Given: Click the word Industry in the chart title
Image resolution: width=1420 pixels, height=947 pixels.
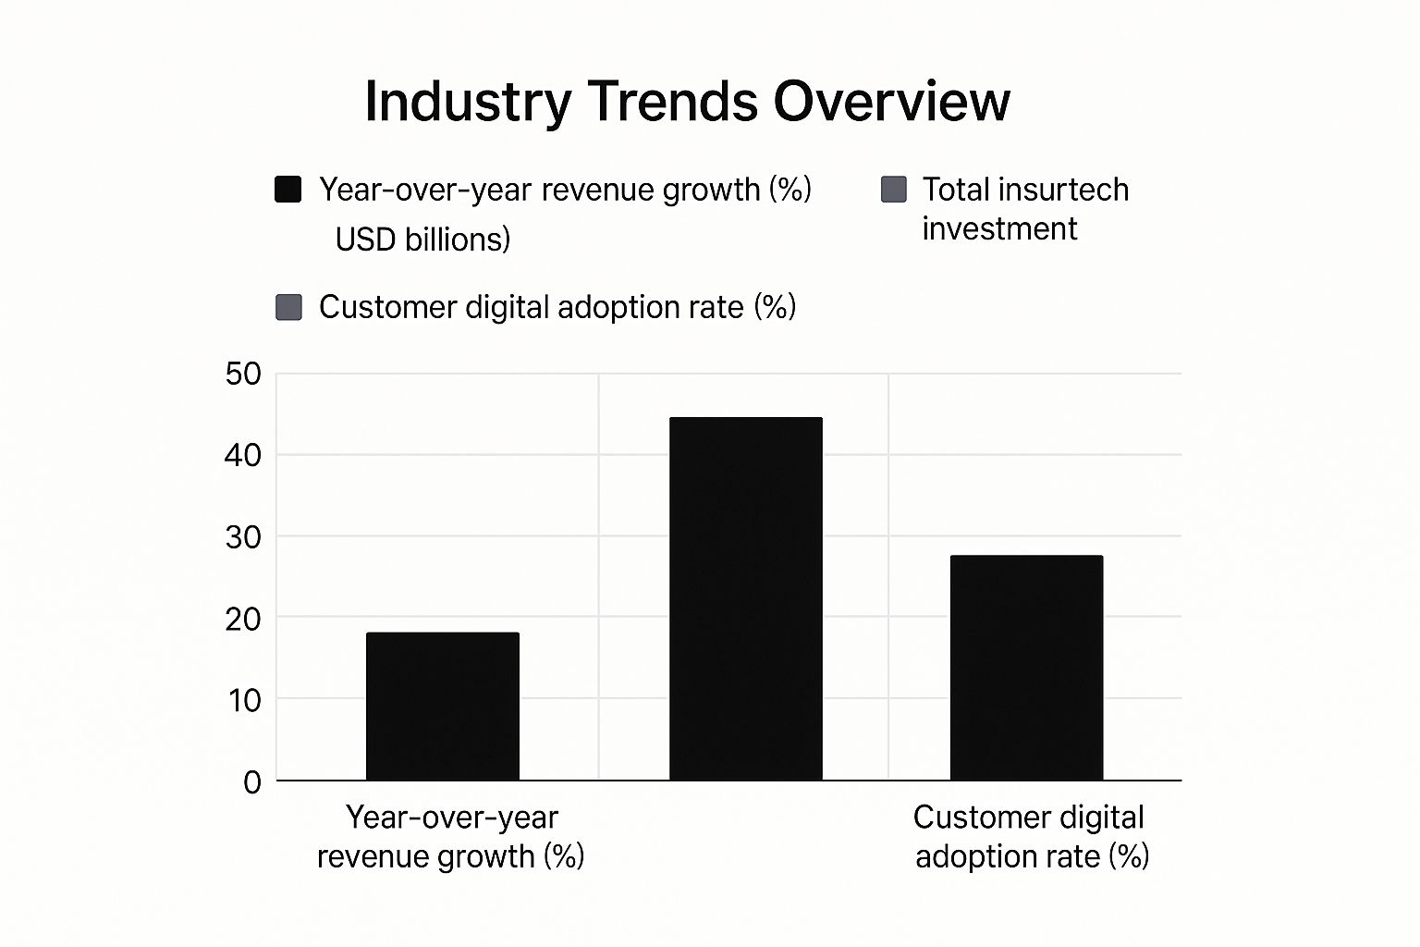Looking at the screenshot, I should click(x=468, y=102).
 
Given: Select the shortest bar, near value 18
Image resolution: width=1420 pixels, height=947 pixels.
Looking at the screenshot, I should click(x=443, y=707).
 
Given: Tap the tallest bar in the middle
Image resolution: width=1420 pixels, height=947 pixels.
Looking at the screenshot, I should click(x=746, y=599).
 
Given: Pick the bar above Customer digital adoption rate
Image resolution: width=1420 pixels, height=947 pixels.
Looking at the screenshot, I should click(x=1026, y=668).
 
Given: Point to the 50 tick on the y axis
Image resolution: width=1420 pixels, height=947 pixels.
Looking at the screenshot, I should click(x=243, y=375).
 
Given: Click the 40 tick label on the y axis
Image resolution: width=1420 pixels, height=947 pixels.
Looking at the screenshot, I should click(x=243, y=455).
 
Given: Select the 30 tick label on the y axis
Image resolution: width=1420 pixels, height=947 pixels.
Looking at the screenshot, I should click(x=243, y=537).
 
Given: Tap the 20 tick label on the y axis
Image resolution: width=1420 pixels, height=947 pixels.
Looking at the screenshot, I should click(x=243, y=619).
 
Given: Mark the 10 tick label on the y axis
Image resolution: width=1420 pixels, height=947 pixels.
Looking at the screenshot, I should click(x=243, y=700).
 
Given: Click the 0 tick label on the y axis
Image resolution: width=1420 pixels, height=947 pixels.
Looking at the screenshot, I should click(x=252, y=782).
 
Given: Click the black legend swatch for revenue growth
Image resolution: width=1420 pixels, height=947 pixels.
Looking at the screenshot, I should click(x=288, y=190).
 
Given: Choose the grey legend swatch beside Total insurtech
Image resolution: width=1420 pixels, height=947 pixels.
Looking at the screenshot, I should click(x=894, y=190).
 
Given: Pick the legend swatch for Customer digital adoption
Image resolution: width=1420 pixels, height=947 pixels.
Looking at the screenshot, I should click(x=289, y=307).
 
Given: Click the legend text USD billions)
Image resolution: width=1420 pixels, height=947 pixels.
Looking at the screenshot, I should click(x=422, y=240).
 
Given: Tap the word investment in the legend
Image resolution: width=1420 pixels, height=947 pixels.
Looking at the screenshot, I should click(x=999, y=228).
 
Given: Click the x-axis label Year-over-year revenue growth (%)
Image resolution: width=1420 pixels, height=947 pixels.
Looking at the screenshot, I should click(x=451, y=837).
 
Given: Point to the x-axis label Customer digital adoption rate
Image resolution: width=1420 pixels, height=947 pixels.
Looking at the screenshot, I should click(x=1031, y=837).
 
